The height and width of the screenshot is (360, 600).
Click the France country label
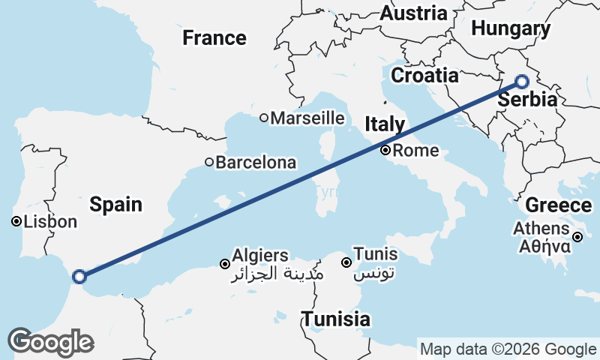click(x=214, y=37)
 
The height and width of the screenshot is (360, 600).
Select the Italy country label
click(x=385, y=124)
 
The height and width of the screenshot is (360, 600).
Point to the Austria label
click(x=413, y=13)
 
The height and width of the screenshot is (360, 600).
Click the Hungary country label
click(x=511, y=29)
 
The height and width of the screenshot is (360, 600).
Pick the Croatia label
click(x=424, y=76)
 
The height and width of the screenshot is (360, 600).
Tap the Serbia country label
click(x=527, y=100)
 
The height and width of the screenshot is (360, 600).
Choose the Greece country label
click(x=558, y=205)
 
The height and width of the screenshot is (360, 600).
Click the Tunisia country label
click(x=336, y=319)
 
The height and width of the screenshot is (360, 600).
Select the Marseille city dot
click(x=264, y=118)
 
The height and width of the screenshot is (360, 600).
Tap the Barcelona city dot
click(x=209, y=162)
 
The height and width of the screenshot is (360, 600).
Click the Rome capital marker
click(x=385, y=151)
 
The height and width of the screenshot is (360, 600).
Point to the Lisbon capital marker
click(x=16, y=221)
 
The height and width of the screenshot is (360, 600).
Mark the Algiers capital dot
click(x=224, y=263)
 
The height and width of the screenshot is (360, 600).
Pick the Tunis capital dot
click(x=346, y=262)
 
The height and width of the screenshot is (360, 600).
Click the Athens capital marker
click(x=577, y=238)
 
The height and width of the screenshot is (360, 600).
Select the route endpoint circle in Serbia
click(x=522, y=82)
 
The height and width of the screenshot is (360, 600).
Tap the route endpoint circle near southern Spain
click(x=79, y=277)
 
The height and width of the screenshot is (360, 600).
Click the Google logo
click(x=49, y=342)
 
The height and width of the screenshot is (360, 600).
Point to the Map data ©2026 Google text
click(x=508, y=349)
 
